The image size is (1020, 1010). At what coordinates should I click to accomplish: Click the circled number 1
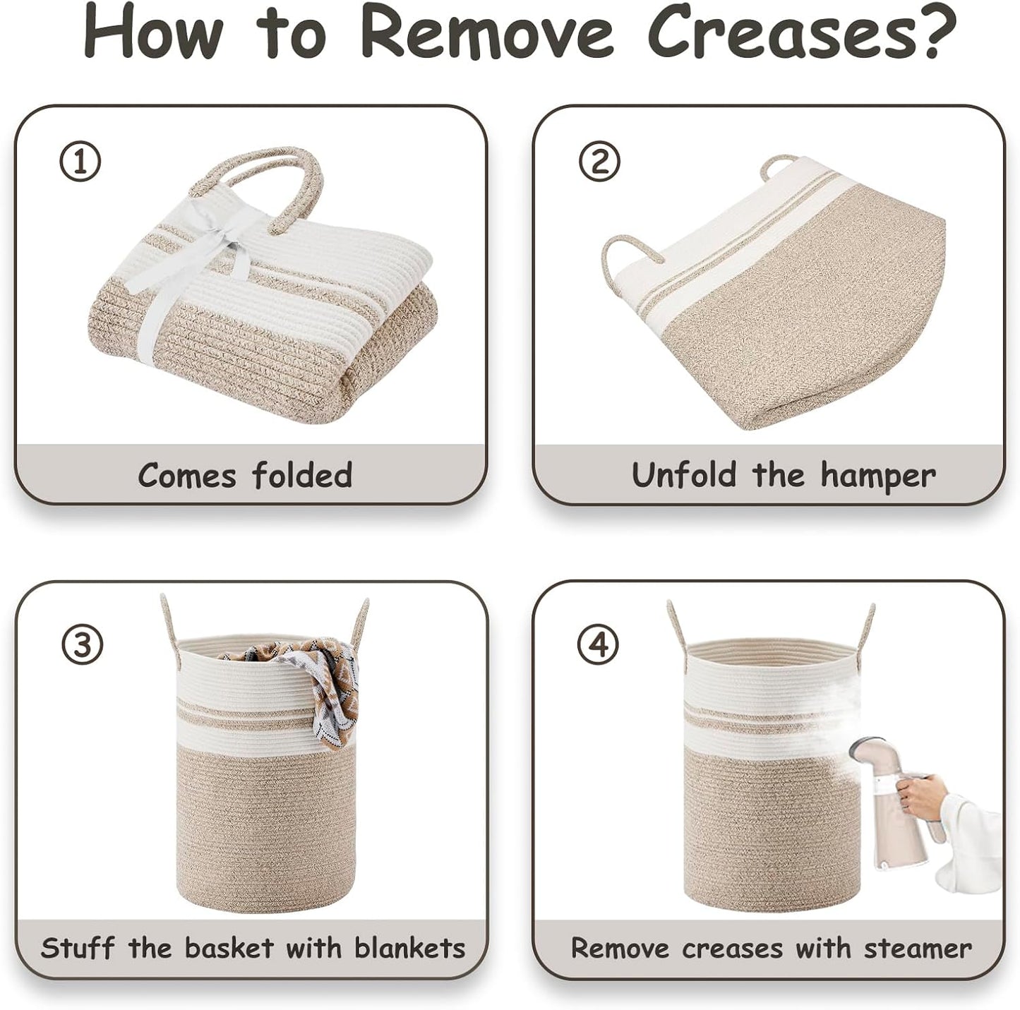(x=79, y=162)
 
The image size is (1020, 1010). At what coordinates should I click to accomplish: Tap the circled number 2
(x=598, y=162)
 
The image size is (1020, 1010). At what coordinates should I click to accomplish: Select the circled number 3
(x=82, y=644)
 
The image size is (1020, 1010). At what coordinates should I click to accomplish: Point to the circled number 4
(x=598, y=644)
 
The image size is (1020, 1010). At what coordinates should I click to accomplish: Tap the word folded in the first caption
(x=302, y=474)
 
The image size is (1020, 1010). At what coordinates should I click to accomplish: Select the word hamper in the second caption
(x=878, y=476)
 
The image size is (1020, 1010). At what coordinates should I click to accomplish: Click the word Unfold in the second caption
(x=684, y=474)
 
